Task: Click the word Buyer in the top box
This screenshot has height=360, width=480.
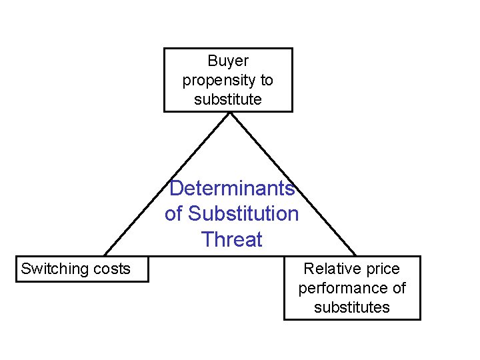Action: (x=228, y=61)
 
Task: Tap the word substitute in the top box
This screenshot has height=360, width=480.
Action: (x=228, y=100)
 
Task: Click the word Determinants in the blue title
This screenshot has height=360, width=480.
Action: (x=231, y=189)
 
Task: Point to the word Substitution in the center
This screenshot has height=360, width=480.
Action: (x=243, y=214)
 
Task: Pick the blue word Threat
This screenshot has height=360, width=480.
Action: (x=231, y=239)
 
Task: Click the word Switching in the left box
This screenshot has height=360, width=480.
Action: (x=55, y=269)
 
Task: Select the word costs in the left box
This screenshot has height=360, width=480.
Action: (x=112, y=269)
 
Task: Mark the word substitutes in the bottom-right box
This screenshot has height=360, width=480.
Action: (x=352, y=307)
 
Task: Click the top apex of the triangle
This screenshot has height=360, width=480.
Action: (x=230, y=113)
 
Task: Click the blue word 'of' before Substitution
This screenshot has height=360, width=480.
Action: (x=173, y=214)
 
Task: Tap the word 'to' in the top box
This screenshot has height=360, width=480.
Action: (x=267, y=81)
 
